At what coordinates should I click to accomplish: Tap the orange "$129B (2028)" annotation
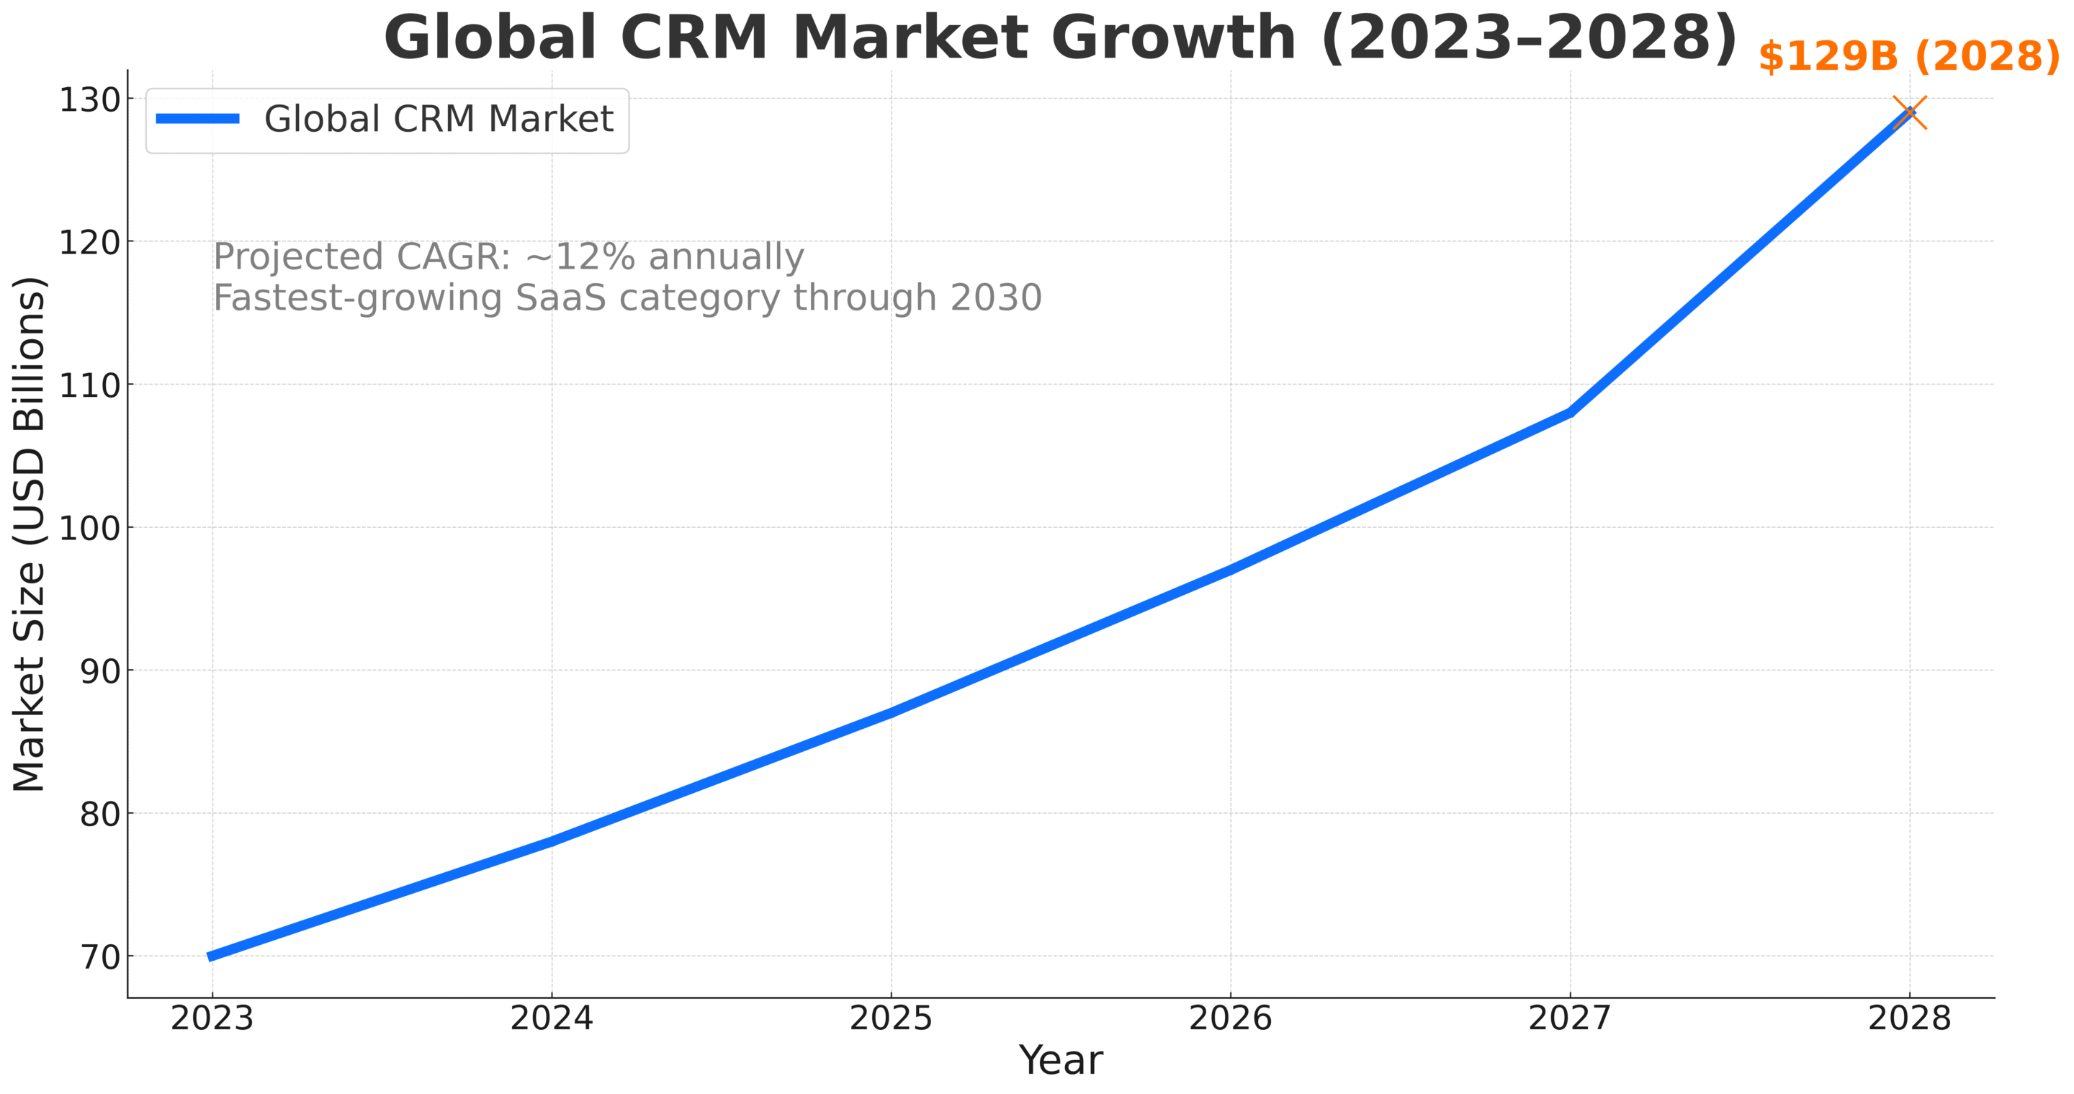(1908, 56)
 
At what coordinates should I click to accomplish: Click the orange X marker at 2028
(1910, 112)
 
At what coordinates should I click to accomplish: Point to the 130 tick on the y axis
(89, 100)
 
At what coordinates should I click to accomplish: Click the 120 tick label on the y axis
(89, 241)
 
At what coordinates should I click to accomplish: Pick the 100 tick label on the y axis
(89, 528)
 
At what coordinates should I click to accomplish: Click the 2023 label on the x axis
(212, 1019)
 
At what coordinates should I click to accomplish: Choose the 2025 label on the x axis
(891, 1019)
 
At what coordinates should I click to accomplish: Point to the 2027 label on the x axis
(1569, 1019)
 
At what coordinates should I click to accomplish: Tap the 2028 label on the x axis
(1909, 1019)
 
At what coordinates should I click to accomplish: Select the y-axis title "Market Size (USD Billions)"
(29, 534)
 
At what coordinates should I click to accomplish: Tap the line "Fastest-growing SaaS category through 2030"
(627, 298)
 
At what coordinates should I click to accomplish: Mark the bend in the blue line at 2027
(1570, 412)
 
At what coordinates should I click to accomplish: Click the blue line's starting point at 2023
(212, 956)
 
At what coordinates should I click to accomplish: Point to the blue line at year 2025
(892, 712)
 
